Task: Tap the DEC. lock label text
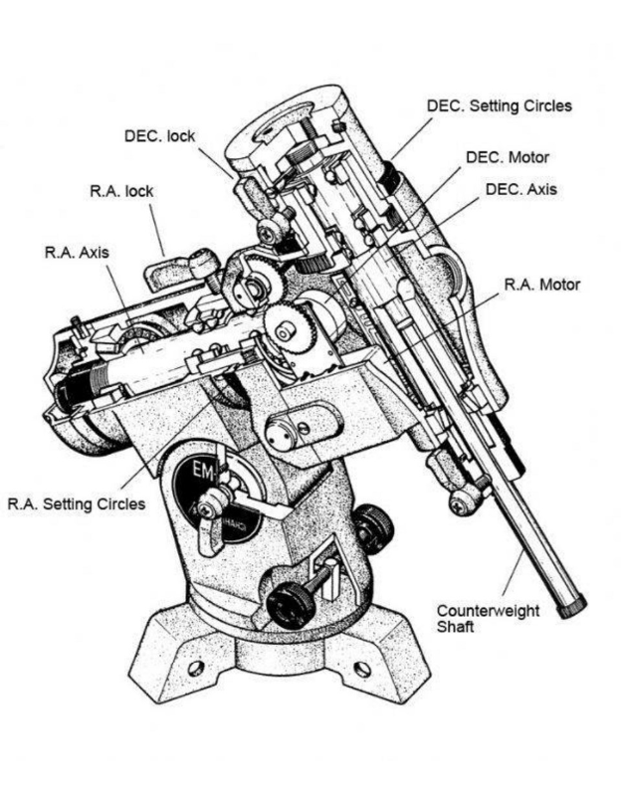pyautogui.click(x=159, y=136)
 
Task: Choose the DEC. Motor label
pyautogui.click(x=507, y=157)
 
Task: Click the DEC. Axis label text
pyautogui.click(x=520, y=188)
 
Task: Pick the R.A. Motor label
pyautogui.click(x=541, y=285)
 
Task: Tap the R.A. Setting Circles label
pyautogui.click(x=76, y=503)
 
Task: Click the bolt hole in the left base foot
pyautogui.click(x=196, y=667)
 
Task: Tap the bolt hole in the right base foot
pyautogui.click(x=362, y=669)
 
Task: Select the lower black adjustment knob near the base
pyautogui.click(x=290, y=601)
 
